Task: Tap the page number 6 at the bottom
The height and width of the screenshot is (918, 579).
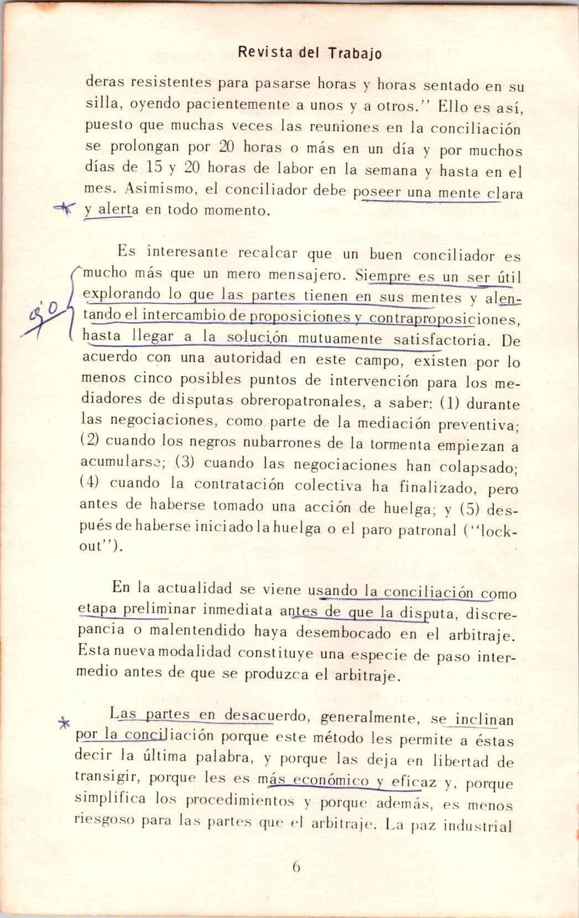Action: coord(296,867)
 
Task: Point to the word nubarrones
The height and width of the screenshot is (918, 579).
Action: coord(238,442)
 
